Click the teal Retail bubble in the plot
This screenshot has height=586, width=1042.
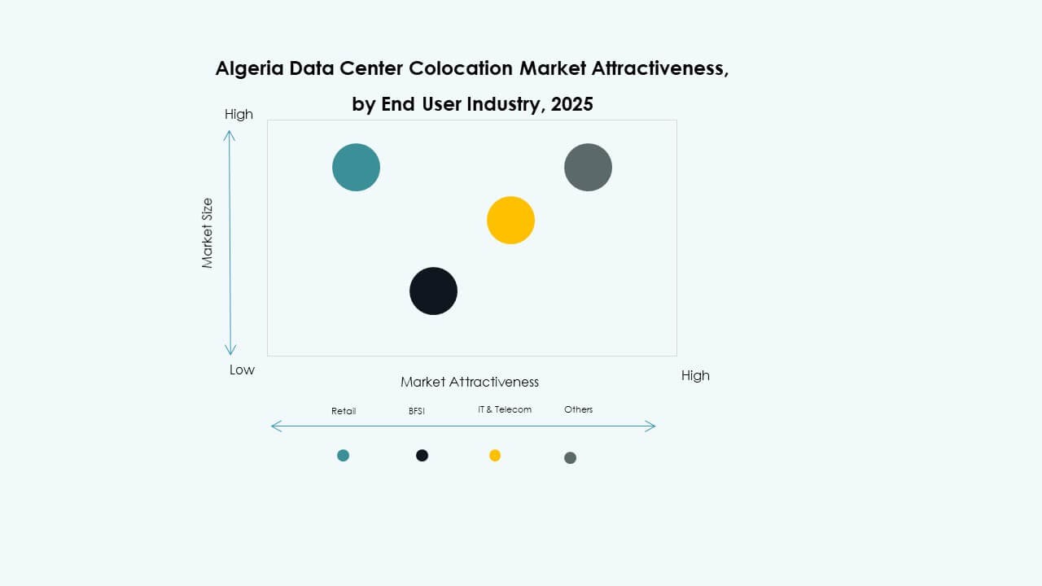pos(356,167)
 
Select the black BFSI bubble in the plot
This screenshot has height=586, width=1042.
pos(433,291)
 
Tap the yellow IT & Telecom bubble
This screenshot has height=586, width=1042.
pos(510,220)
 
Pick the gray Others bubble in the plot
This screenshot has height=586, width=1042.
pos(588,167)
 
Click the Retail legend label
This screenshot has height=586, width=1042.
pos(344,411)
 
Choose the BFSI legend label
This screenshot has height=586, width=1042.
pos(417,411)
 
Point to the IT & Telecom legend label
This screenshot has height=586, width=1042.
pos(505,409)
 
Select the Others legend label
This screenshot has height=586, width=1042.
pos(579,409)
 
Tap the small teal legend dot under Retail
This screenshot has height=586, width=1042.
pos(343,455)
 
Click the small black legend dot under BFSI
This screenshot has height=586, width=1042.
pos(422,455)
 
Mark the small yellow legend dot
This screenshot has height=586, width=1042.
pos(495,455)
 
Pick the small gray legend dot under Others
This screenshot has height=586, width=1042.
pos(570,457)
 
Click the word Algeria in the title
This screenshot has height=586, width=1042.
pos(248,68)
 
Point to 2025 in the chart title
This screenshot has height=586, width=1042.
pos(571,104)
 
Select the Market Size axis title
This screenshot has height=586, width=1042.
pos(208,233)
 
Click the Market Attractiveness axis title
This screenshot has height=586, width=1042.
pos(470,382)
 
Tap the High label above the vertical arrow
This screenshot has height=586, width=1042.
pos(239,114)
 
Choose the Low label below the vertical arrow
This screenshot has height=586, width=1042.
pos(242,370)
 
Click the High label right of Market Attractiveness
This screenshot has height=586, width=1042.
pos(695,375)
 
